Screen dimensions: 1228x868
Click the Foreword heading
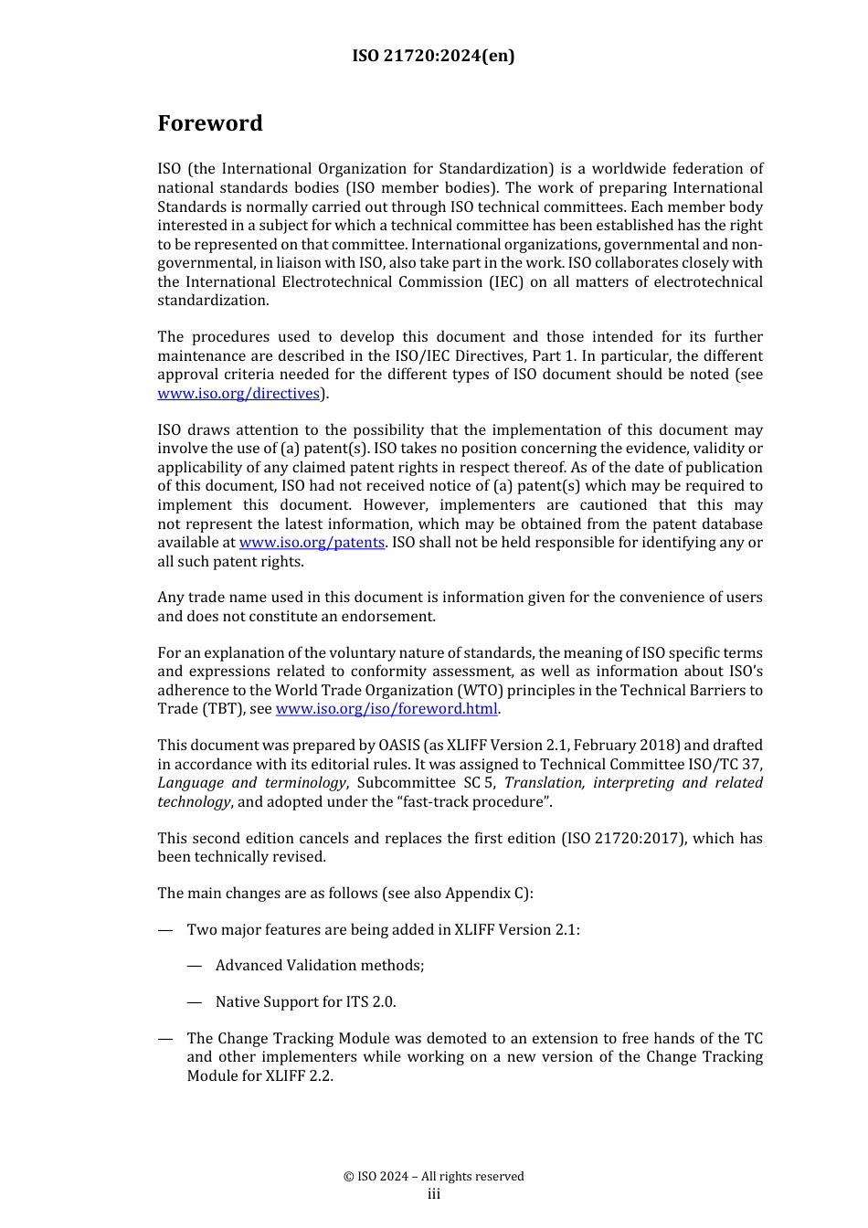(x=210, y=123)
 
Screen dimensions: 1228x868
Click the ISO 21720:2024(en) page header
(x=433, y=56)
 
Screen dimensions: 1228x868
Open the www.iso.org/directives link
(x=238, y=393)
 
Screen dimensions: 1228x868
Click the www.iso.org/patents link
(x=312, y=543)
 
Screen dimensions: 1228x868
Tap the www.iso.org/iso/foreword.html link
(x=386, y=709)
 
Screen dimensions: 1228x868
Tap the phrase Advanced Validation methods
(x=320, y=966)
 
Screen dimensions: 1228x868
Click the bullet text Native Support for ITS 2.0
(x=305, y=1002)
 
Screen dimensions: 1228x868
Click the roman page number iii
(x=433, y=1195)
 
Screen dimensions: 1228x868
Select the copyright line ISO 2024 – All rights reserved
(x=433, y=1177)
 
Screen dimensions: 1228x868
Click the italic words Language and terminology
(x=251, y=783)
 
